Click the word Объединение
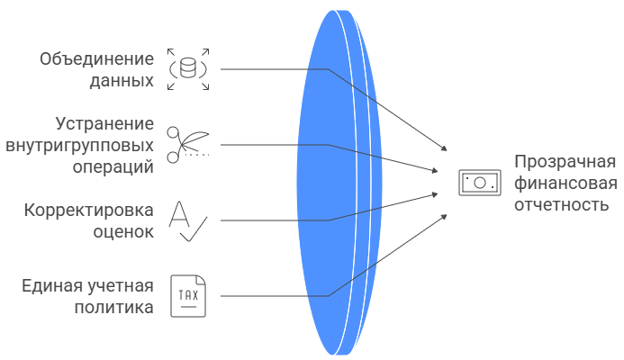[x=96, y=59]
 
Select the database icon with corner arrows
[x=188, y=69]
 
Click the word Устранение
[x=104, y=124]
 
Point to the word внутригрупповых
[x=79, y=145]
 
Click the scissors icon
[x=188, y=145]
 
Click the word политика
[x=113, y=307]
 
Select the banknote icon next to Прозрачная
[x=478, y=183]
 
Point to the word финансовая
[x=565, y=184]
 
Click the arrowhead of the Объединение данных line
[x=443, y=148]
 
